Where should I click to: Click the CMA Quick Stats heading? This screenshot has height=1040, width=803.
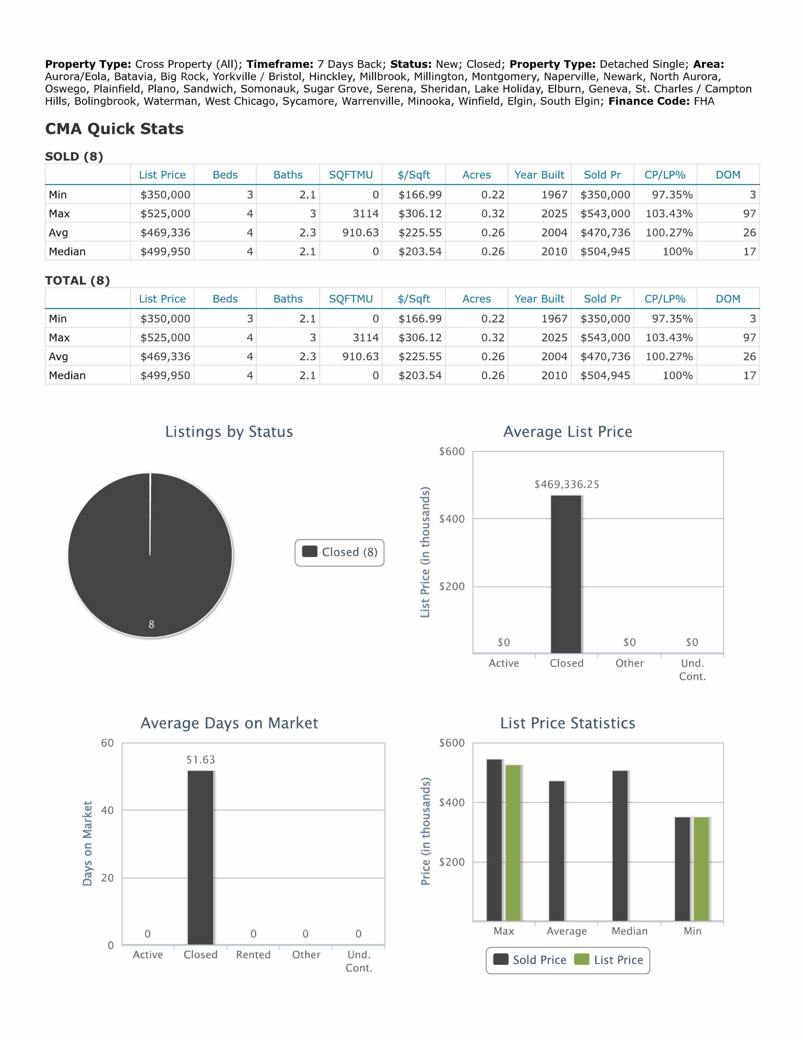(114, 128)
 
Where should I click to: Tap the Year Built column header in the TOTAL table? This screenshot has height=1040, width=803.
(539, 299)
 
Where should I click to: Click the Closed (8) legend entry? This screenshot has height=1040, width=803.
(339, 552)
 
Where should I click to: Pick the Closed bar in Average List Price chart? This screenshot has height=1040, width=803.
(566, 574)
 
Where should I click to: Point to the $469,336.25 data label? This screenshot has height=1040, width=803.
(566, 484)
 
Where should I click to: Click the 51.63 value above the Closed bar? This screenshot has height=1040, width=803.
(201, 760)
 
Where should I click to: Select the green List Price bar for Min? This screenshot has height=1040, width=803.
(701, 869)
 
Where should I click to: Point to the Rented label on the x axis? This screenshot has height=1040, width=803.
(253, 954)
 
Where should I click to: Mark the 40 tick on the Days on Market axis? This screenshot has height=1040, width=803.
(108, 810)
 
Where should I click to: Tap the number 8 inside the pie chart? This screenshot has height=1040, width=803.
(151, 624)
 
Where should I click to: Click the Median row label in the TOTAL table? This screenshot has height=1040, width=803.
(67, 375)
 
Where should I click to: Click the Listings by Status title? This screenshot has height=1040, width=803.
(229, 431)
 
